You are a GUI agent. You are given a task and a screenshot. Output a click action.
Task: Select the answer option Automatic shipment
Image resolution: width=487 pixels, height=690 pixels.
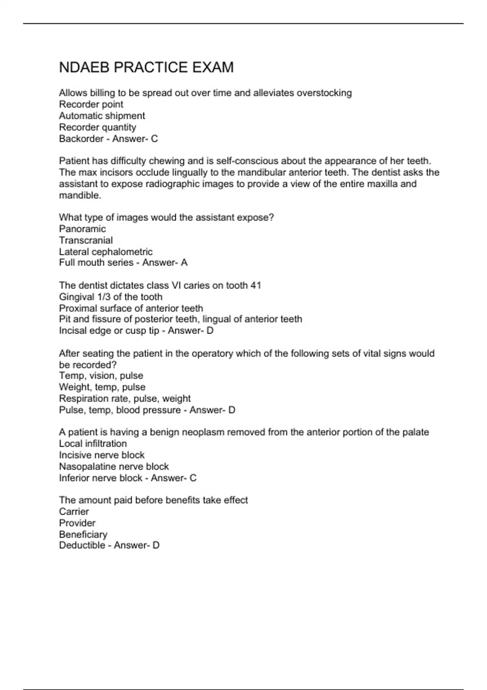(102, 116)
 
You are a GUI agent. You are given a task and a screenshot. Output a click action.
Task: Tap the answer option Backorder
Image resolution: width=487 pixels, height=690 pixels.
(81, 139)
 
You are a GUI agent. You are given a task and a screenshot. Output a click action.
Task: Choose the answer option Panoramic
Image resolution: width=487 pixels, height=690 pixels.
(82, 229)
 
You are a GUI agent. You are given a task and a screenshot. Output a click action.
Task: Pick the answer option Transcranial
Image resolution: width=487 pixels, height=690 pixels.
(86, 240)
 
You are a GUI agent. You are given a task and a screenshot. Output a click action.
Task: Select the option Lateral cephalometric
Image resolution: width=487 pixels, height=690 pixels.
(106, 252)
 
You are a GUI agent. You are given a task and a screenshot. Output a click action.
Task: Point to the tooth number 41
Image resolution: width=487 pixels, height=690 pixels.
(256, 285)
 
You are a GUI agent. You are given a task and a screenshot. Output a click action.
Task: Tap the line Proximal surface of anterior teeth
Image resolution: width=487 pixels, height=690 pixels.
(131, 308)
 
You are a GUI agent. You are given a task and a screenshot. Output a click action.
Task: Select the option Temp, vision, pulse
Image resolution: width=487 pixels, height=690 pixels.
(101, 376)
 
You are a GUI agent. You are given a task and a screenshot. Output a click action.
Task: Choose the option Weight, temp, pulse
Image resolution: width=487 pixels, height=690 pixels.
(102, 387)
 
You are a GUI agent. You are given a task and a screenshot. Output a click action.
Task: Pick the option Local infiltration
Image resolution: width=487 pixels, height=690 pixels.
(93, 444)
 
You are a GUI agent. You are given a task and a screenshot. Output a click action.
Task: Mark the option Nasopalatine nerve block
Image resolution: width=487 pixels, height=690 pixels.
(114, 466)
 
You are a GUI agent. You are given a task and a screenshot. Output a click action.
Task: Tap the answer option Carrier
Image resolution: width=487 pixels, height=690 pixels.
(74, 511)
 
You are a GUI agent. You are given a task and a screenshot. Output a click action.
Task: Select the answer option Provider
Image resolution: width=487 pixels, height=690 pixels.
(77, 523)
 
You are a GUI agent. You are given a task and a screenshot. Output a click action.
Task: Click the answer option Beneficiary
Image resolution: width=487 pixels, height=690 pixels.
(83, 534)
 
